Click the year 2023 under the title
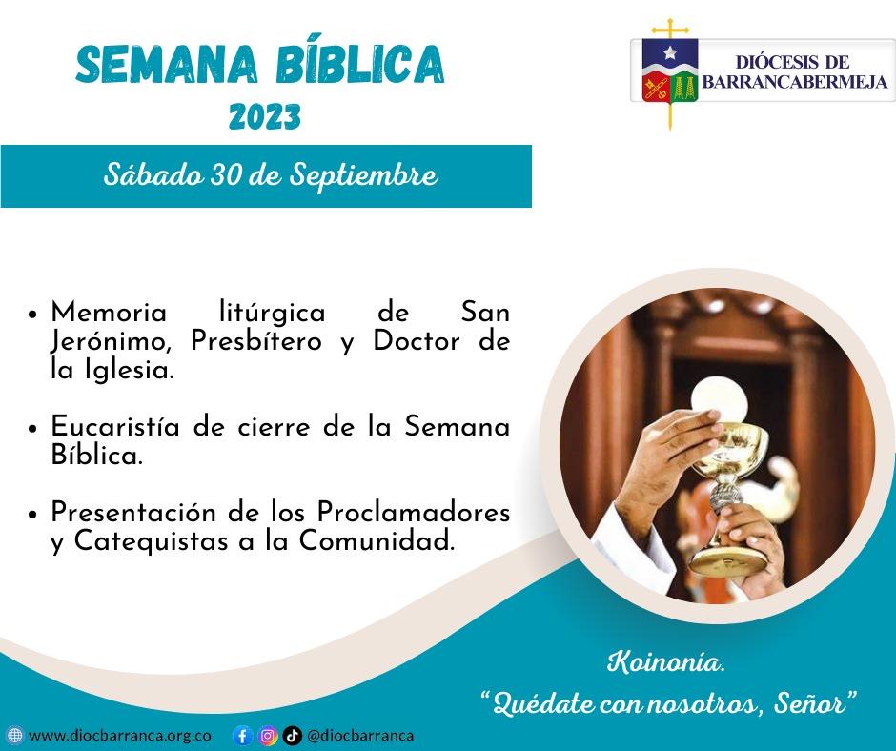(x=265, y=117)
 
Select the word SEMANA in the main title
(x=167, y=64)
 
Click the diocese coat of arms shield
(x=670, y=70)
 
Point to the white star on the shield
(x=670, y=53)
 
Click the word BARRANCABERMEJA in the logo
(x=795, y=82)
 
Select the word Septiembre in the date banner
(x=364, y=175)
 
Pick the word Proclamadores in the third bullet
(x=414, y=512)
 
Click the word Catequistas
(x=152, y=541)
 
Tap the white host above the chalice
(x=720, y=397)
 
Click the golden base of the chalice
(x=727, y=562)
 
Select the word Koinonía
(x=665, y=662)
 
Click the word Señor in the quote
(x=809, y=703)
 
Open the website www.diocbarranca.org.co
(x=119, y=735)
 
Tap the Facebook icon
(x=243, y=736)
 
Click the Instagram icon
(x=268, y=736)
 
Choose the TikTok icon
(x=293, y=736)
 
